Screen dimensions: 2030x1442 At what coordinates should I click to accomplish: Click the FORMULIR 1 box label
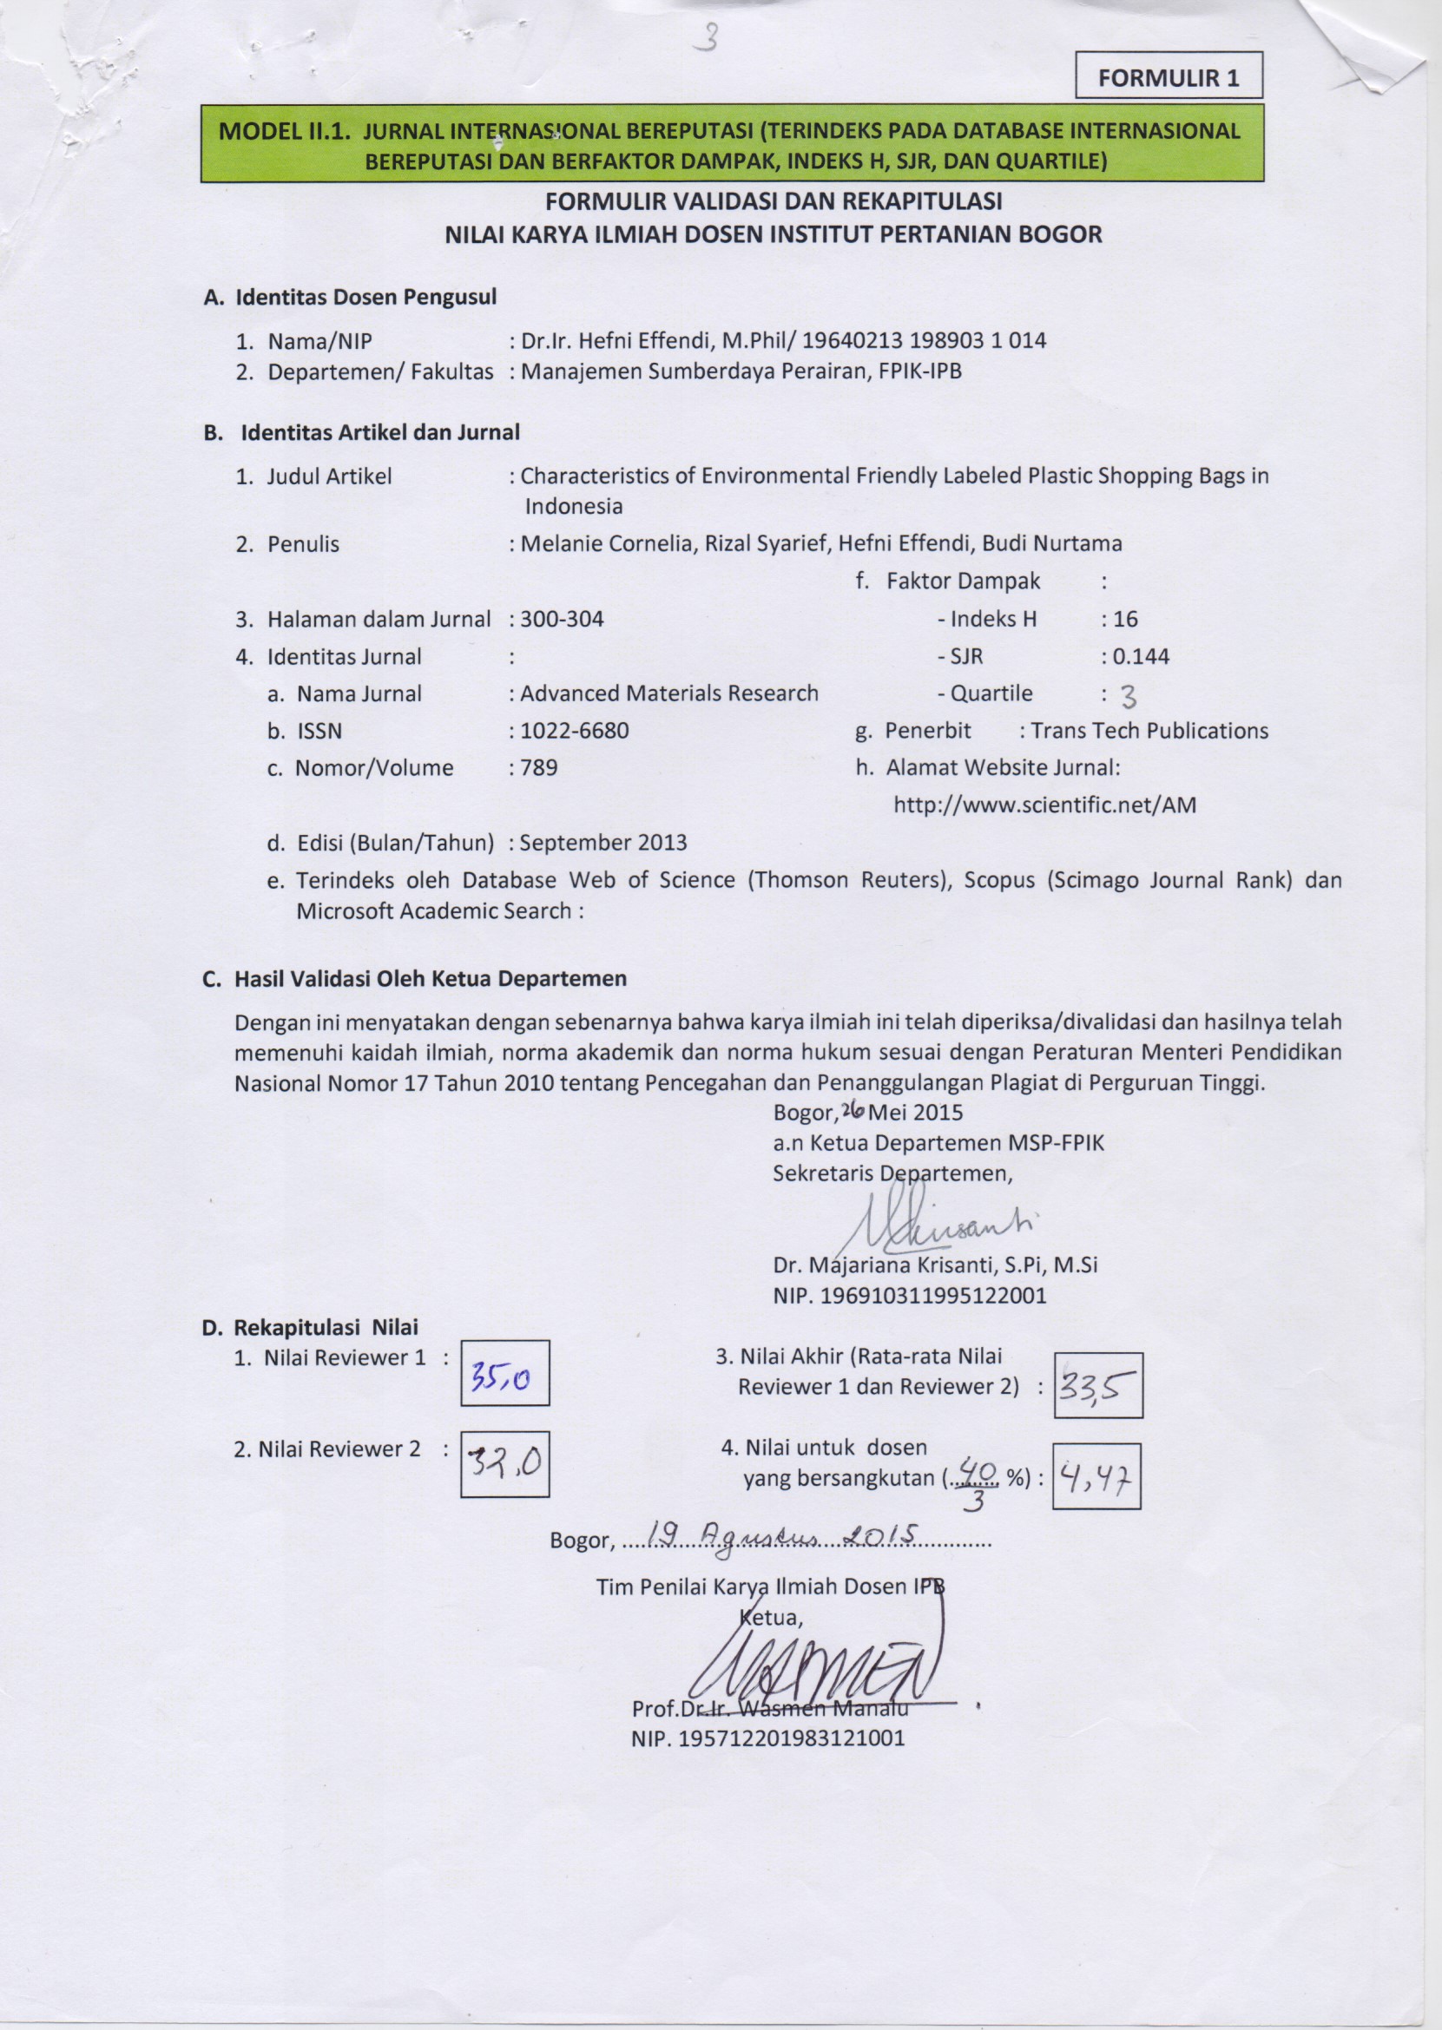pyautogui.click(x=1168, y=76)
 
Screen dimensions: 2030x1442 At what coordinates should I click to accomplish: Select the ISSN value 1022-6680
pyautogui.click(x=575, y=731)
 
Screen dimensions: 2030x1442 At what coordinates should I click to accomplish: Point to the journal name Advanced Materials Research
pyautogui.click(x=668, y=693)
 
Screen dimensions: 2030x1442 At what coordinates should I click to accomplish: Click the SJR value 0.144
pyautogui.click(x=1140, y=657)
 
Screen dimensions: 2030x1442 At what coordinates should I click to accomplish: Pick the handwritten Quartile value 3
pyautogui.click(x=1128, y=698)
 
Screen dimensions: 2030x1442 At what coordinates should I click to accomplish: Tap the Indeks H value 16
pyautogui.click(x=1125, y=619)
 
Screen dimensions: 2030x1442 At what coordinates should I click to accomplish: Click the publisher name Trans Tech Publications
pyautogui.click(x=1149, y=731)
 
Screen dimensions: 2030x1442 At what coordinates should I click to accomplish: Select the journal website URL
pyautogui.click(x=1044, y=805)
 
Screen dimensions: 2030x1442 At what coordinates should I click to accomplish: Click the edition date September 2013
pyautogui.click(x=602, y=843)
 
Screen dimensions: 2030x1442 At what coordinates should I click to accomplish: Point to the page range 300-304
pyautogui.click(x=562, y=619)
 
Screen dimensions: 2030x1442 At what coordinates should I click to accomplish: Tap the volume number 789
pyautogui.click(x=539, y=768)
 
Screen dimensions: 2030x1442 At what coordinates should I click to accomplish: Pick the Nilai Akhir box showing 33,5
pyautogui.click(x=1097, y=1385)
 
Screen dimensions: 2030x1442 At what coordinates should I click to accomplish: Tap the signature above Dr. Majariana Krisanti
pyautogui.click(x=932, y=1228)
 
